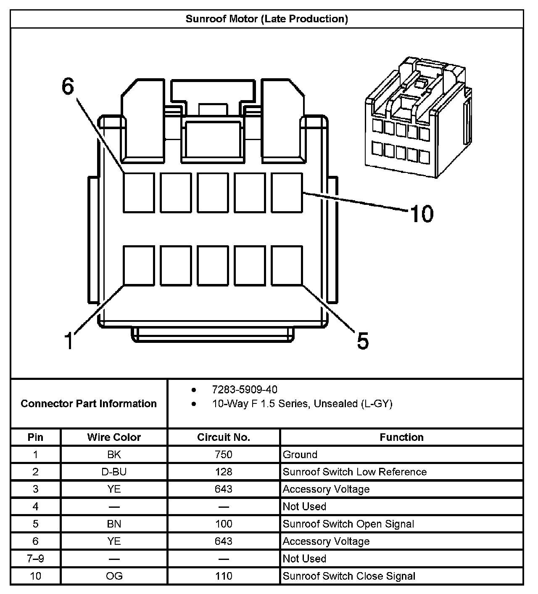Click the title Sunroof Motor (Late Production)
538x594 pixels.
tap(267, 19)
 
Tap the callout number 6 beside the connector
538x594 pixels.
tap(68, 87)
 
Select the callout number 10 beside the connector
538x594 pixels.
tap(422, 214)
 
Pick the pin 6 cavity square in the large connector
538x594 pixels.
tap(139, 192)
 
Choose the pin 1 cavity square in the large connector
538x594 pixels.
tap(139, 265)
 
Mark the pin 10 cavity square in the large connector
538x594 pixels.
tap(287, 192)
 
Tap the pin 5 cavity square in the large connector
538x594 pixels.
tap(287, 265)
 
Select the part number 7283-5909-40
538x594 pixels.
tap(245, 390)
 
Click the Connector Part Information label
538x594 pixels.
tap(89, 404)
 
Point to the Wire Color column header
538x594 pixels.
tap(114, 437)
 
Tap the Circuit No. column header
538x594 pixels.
tap(224, 437)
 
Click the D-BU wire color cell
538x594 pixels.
tap(114, 472)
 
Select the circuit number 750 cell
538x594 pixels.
tap(224, 454)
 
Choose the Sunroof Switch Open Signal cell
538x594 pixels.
tap(348, 524)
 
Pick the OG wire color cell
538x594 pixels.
tap(114, 576)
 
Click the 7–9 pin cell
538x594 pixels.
tap(35, 559)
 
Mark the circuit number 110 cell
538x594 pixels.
tap(224, 576)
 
